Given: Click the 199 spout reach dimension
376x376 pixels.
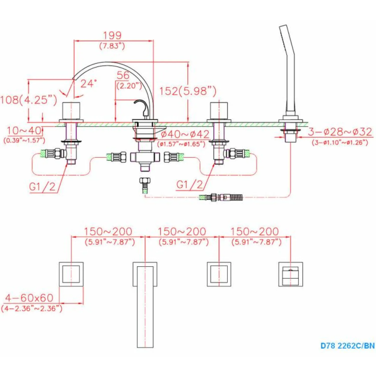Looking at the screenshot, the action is [x=112, y=35].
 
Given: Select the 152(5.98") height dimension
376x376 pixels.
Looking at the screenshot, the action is [x=188, y=91].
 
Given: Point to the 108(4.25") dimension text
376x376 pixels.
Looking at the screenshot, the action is [x=29, y=100].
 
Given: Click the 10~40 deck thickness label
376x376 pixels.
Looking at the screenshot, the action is [x=24, y=131].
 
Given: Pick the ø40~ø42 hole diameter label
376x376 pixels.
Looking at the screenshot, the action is [x=185, y=134].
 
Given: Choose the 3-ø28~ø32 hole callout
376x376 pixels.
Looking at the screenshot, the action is [x=340, y=132].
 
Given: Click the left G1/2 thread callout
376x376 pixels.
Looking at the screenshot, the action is [x=42, y=187].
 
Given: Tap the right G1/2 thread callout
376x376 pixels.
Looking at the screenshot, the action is [x=190, y=185].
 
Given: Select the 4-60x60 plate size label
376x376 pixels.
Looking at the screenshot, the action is [x=29, y=298].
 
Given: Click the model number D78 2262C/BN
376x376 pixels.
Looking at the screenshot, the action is [x=348, y=346].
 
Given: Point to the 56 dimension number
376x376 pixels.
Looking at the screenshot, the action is [x=123, y=75].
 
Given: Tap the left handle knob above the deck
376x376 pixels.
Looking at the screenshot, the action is [x=71, y=110].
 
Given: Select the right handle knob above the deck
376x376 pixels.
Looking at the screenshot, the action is [x=219, y=110].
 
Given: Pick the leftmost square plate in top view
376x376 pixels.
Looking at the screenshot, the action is [x=71, y=274].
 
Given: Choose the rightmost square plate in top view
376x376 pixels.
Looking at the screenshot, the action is [x=291, y=274].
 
